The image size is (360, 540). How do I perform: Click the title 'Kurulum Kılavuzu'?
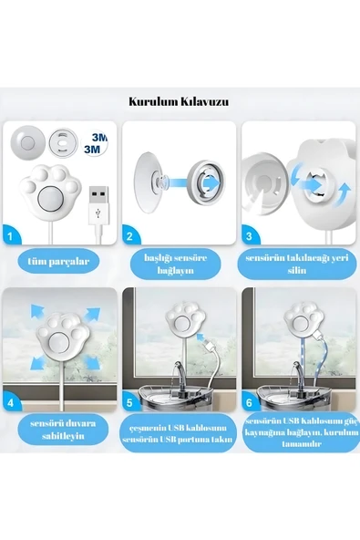click(179, 102)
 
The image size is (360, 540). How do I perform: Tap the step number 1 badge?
click(10, 235)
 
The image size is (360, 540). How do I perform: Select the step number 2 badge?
click(129, 236)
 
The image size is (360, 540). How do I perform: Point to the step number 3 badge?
click(249, 236)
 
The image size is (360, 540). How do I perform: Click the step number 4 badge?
click(10, 402)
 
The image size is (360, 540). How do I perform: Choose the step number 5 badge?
click(129, 402)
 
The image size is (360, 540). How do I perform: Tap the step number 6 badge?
click(249, 402)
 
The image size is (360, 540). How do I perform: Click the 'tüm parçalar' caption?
click(58, 262)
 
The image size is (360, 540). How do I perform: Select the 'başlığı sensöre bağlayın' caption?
click(176, 264)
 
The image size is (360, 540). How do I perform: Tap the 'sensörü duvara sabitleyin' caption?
click(63, 430)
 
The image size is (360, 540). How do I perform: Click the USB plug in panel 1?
click(98, 205)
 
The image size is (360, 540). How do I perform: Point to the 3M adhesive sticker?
click(94, 143)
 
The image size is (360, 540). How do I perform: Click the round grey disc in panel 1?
click(28, 142)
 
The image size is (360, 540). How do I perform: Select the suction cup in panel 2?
click(149, 182)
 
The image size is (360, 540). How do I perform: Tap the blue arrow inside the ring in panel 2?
click(210, 182)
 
